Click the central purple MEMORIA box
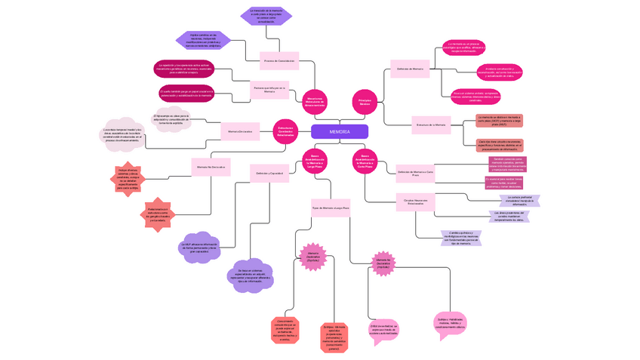click(x=339, y=131)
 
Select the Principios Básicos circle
click(x=365, y=101)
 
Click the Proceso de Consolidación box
click(x=278, y=60)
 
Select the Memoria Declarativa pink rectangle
click(x=240, y=131)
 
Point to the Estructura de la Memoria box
click(x=430, y=124)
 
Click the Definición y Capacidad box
click(x=269, y=173)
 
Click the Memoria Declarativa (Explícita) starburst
click(x=312, y=256)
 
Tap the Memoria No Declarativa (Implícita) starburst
click(x=383, y=262)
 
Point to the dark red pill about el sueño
click(x=186, y=94)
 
